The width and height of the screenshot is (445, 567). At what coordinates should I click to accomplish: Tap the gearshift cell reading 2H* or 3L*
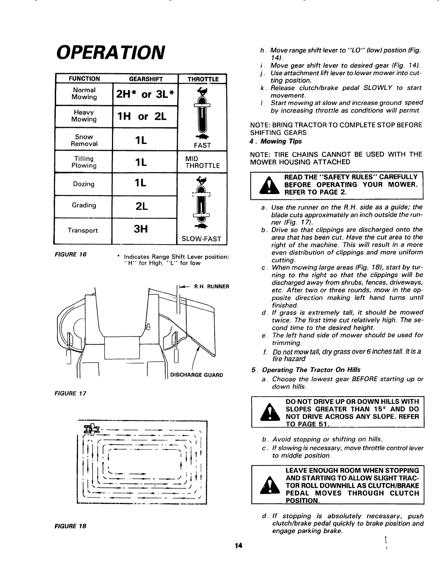pyautogui.click(x=145, y=94)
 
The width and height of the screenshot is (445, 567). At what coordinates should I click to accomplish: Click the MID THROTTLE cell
pyautogui.click(x=202, y=162)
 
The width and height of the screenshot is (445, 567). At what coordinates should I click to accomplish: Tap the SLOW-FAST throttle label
pyautogui.click(x=202, y=239)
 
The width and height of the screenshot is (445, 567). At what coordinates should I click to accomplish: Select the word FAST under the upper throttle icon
pyautogui.click(x=202, y=145)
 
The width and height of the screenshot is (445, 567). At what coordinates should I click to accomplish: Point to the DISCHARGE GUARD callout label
pyautogui.click(x=196, y=375)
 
